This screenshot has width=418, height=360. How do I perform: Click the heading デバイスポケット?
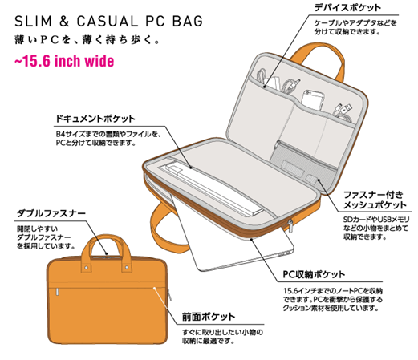click(x=347, y=7)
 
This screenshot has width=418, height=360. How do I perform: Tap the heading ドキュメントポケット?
click(x=95, y=119)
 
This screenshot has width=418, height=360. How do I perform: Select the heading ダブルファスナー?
click(x=51, y=213)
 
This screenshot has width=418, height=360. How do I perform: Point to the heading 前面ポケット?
click(x=209, y=317)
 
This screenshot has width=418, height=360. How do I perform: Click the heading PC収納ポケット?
click(x=314, y=274)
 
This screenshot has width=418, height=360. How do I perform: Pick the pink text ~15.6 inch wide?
click(x=64, y=61)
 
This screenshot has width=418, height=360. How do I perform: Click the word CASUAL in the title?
click(x=107, y=22)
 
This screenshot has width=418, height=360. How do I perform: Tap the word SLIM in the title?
click(x=33, y=22)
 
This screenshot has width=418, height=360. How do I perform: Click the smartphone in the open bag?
click(x=313, y=101)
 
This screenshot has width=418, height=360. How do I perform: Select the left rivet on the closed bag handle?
click(x=87, y=267)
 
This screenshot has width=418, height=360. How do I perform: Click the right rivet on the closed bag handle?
click(x=127, y=267)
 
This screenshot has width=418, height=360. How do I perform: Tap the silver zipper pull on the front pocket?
click(x=58, y=292)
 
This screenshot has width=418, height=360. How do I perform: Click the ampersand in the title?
click(x=64, y=22)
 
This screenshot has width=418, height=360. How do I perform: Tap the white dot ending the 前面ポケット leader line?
click(x=154, y=288)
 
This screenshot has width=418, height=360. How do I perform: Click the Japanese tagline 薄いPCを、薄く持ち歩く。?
click(x=87, y=40)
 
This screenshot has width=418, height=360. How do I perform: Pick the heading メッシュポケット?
click(x=375, y=205)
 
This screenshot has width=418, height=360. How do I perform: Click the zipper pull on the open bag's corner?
click(x=290, y=226)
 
